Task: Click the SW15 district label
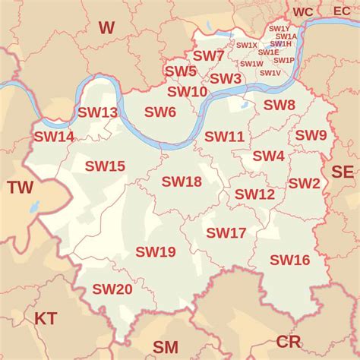click(x=105, y=166)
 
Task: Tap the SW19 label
click(x=156, y=251)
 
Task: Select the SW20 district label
click(x=112, y=289)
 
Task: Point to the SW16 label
click(x=290, y=260)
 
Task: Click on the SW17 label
click(x=226, y=232)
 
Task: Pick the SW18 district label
click(x=182, y=182)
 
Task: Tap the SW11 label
click(x=224, y=137)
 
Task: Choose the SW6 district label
click(x=160, y=112)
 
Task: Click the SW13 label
click(x=98, y=112)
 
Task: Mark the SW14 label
click(x=54, y=137)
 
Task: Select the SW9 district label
click(x=311, y=135)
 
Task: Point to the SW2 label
click(x=304, y=183)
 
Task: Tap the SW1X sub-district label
click(x=247, y=46)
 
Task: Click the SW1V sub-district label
click(x=270, y=73)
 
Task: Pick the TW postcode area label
click(x=21, y=188)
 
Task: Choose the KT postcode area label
click(x=46, y=317)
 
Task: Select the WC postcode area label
click(x=303, y=11)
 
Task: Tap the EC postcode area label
click(x=343, y=11)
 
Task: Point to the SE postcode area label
click(x=343, y=172)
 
